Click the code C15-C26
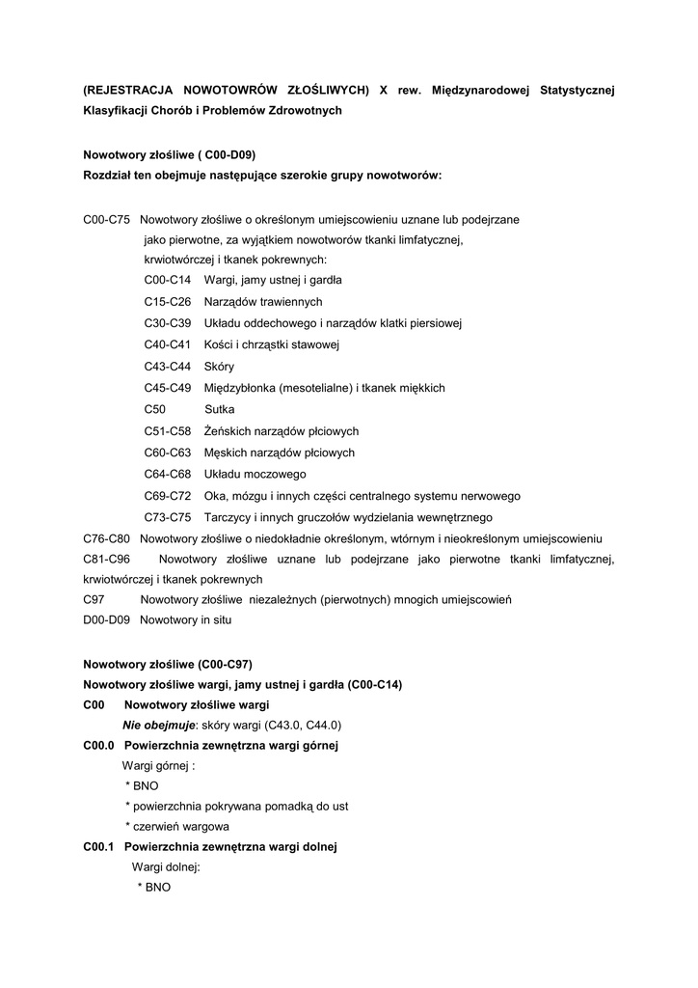tap(168, 301)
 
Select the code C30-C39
tap(168, 322)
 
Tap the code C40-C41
tap(168, 344)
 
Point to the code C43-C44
tap(168, 367)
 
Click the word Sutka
tap(219, 409)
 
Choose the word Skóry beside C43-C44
tap(219, 367)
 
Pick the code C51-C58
tap(168, 431)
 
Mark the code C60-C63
tap(168, 453)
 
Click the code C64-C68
tap(168, 475)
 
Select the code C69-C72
tap(168, 496)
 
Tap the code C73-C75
tap(168, 517)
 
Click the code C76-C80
tap(107, 537)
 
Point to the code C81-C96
tap(107, 559)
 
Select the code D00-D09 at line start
tap(107, 620)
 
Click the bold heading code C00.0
tap(99, 746)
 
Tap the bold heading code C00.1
tap(99, 847)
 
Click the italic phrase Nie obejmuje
tap(158, 726)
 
